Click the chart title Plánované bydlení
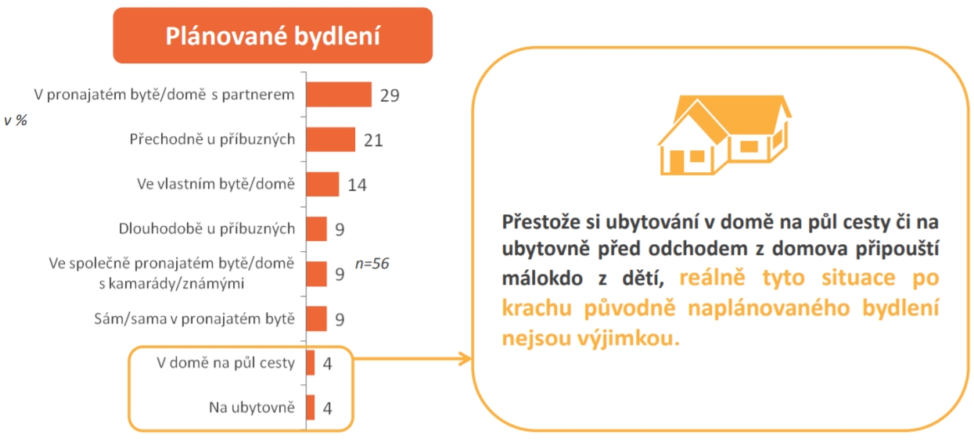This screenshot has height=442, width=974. click(x=272, y=36)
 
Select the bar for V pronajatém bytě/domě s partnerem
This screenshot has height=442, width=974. click(x=339, y=95)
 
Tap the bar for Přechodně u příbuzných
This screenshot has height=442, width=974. click(x=330, y=139)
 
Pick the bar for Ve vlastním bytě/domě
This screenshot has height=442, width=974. click(x=322, y=184)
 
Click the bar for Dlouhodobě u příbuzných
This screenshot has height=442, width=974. click(x=316, y=228)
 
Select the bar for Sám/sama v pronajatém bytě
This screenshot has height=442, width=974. click(x=316, y=318)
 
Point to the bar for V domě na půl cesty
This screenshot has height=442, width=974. click(x=310, y=362)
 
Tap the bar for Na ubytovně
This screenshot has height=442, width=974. click(x=310, y=408)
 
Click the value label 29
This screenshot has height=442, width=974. click(x=390, y=95)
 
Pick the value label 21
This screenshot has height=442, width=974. click(x=373, y=140)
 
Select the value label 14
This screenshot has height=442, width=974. click(x=357, y=185)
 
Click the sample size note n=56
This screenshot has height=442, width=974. click(x=372, y=264)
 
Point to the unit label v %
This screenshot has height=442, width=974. click(x=16, y=120)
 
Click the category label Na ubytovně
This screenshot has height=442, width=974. click(x=252, y=408)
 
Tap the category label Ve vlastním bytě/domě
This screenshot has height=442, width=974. click(x=216, y=184)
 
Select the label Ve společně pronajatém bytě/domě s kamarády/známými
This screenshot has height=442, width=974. click(x=171, y=273)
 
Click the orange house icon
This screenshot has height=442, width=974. click(x=724, y=135)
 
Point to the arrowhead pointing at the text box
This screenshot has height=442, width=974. click(x=466, y=358)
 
